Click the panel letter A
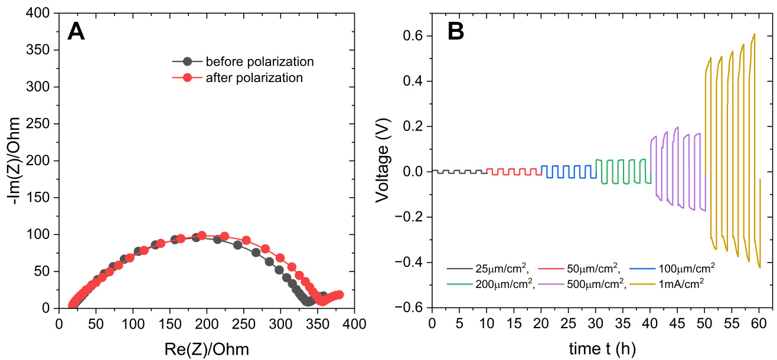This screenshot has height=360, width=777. (76, 31)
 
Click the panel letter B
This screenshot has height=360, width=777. (456, 31)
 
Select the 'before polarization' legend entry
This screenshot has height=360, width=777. (259, 61)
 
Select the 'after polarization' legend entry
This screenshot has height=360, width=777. (254, 78)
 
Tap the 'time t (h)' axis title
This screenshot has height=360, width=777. (602, 349)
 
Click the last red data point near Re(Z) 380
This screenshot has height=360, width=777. (338, 294)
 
